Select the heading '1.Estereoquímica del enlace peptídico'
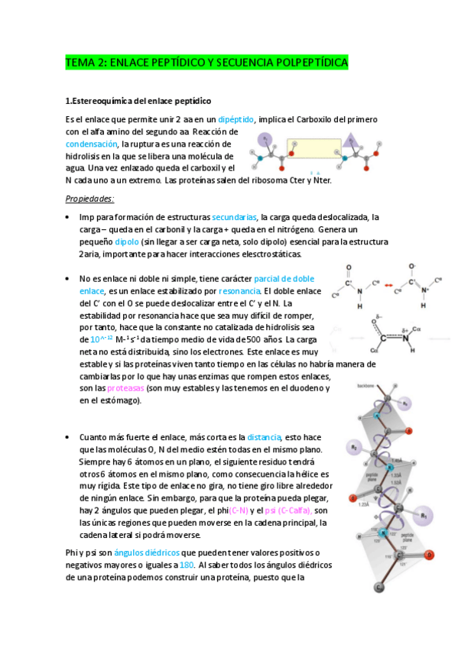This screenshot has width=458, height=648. tap(138, 101)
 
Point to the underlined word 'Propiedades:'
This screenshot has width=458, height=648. tap(90, 199)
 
